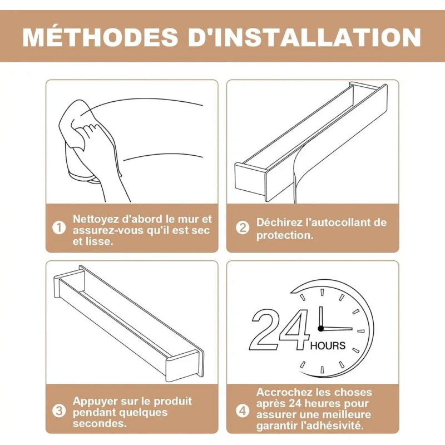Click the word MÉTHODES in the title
click(100, 37)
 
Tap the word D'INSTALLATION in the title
click(304, 37)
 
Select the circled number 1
click(59, 228)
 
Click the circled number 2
click(243, 228)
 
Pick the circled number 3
click(59, 411)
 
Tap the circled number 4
click(243, 411)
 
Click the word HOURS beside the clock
click(328, 345)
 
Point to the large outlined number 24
click(280, 329)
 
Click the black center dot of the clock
click(321, 329)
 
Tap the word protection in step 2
click(283, 235)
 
